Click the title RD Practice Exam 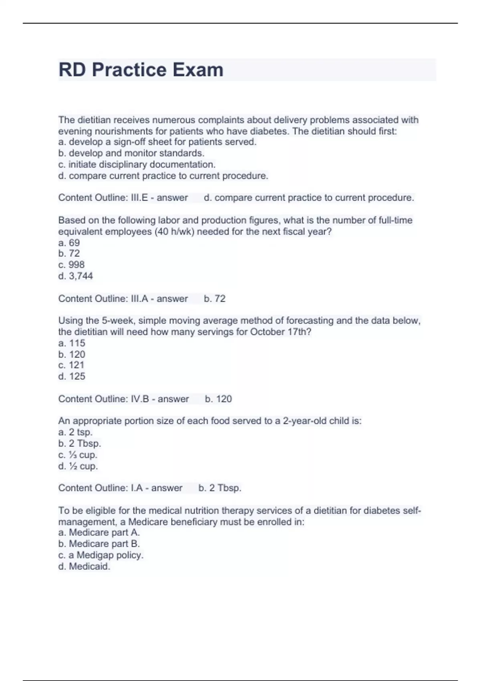[141, 70]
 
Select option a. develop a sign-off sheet [157, 142]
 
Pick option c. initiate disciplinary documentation [137, 164]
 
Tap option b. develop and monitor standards [131, 153]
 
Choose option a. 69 [69, 243]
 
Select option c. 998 [71, 264]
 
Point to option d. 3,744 [75, 276]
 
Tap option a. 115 [72, 343]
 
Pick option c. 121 [71, 365]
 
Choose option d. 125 [72, 376]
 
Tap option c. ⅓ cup [78, 455]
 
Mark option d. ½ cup [78, 466]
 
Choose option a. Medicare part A [99, 532]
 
